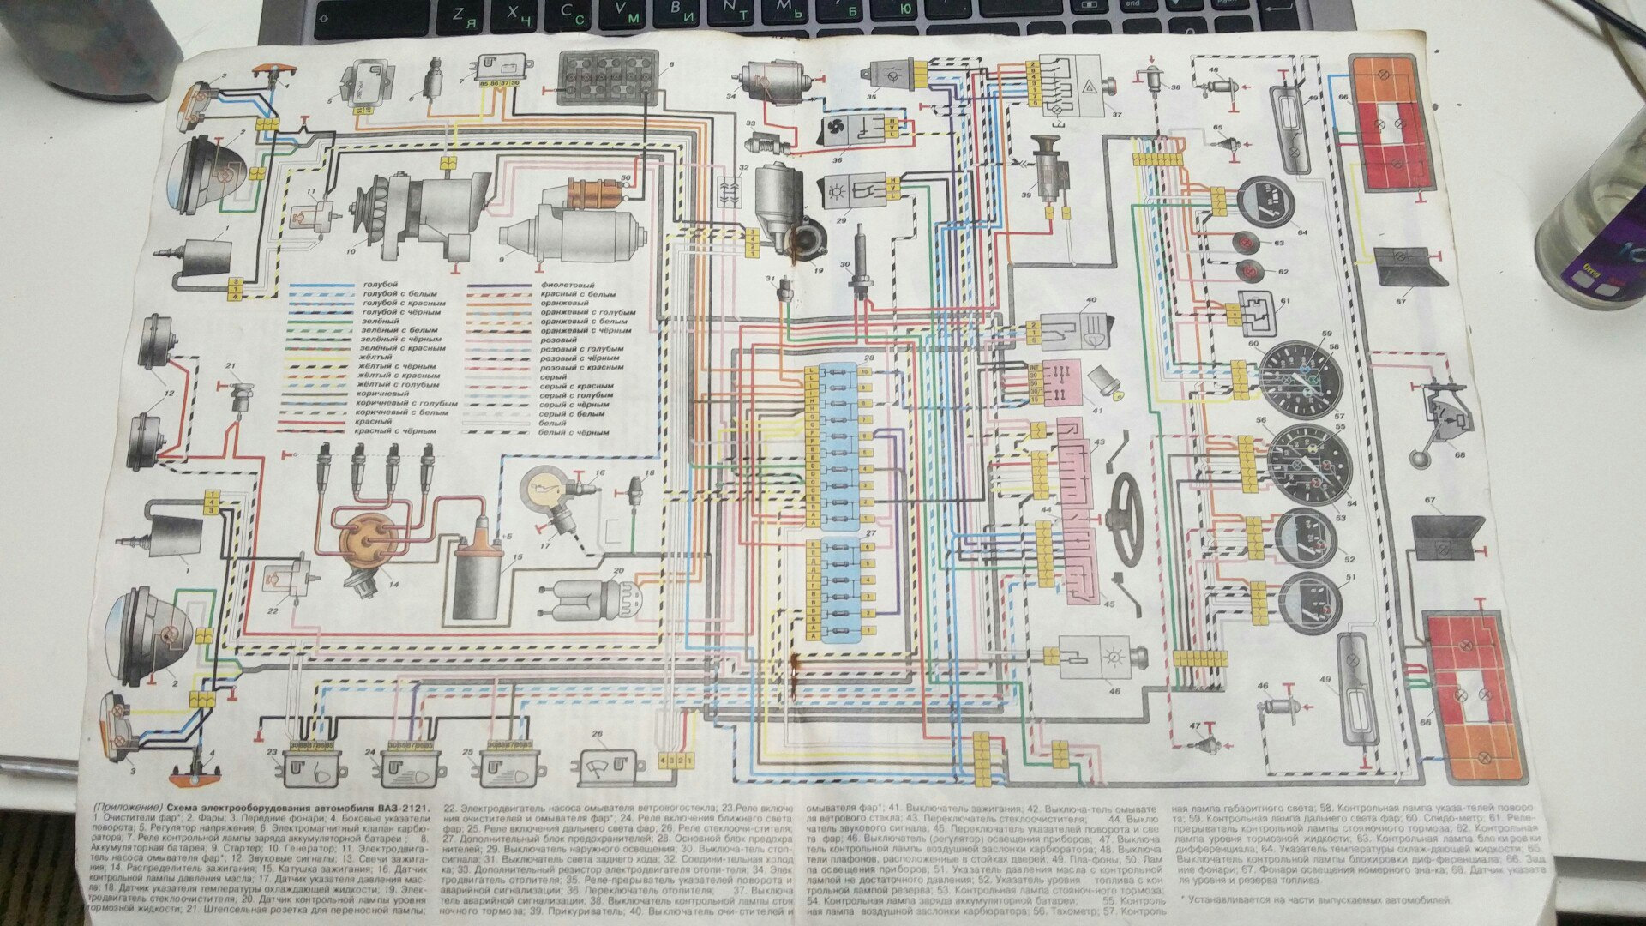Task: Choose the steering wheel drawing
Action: click(1130, 507)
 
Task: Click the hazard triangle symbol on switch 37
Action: click(1090, 87)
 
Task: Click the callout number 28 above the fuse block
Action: click(868, 357)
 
